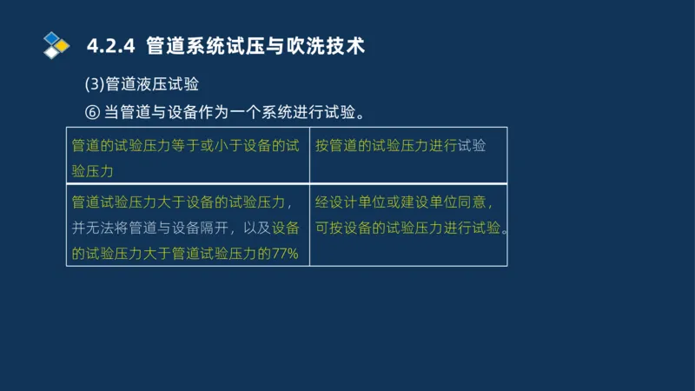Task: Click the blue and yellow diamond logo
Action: [56, 44]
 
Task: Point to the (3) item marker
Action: [94, 84]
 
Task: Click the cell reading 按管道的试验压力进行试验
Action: [400, 146]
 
